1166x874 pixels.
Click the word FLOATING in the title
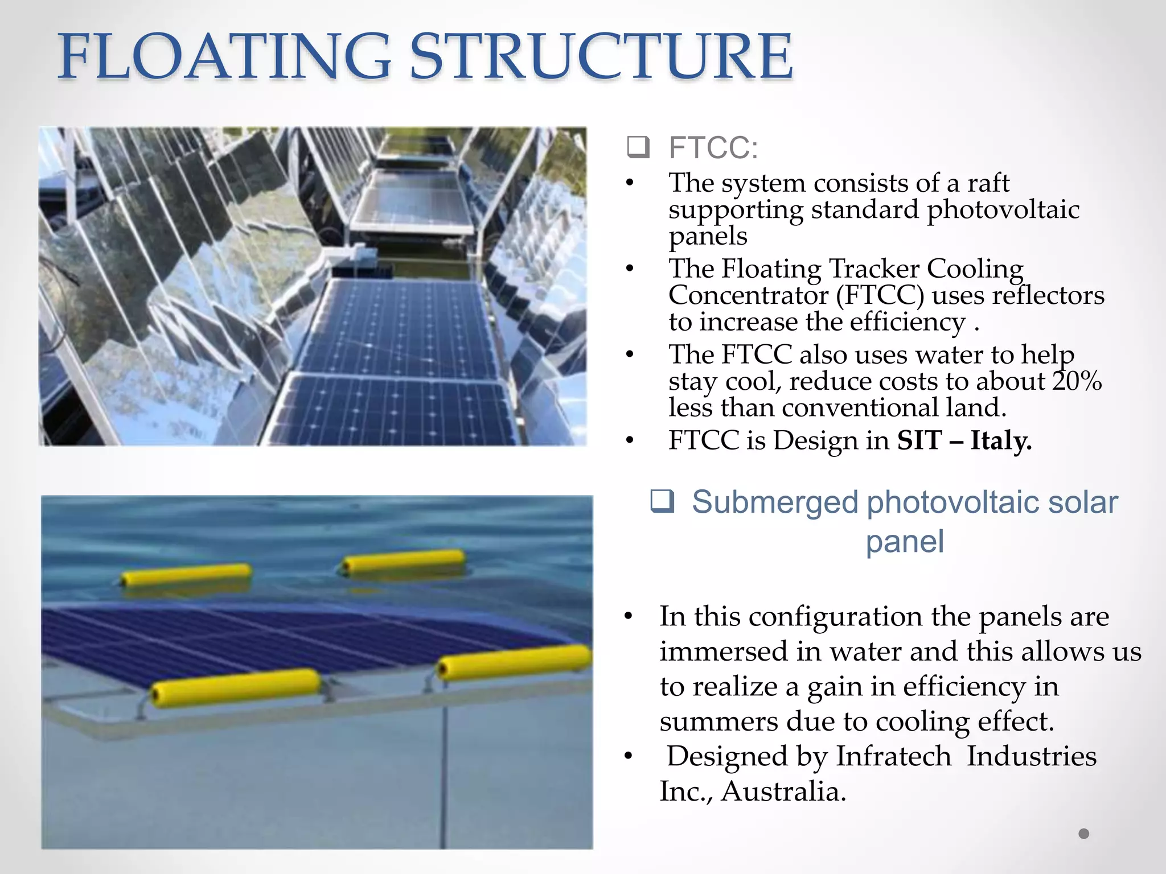point(225,57)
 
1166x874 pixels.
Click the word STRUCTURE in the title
point(601,57)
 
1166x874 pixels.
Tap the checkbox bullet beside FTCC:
point(638,147)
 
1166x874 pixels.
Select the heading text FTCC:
point(713,148)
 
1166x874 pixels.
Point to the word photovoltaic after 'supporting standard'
point(1003,209)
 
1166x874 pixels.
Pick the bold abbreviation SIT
point(919,440)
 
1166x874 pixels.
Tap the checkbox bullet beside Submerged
point(663,501)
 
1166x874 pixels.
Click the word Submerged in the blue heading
point(775,502)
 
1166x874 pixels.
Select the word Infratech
point(893,756)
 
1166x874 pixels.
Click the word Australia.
point(783,791)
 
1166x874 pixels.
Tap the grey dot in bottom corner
point(1083,834)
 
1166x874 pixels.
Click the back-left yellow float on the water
point(186,574)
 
